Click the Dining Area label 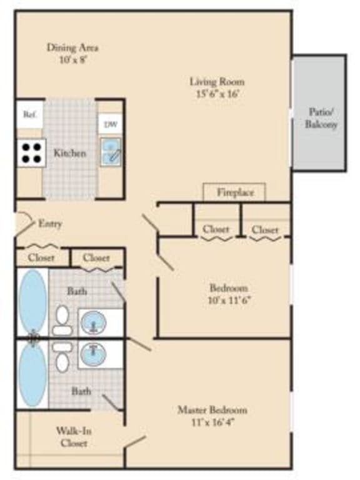pos(73,47)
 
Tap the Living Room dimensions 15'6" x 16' pos(217,94)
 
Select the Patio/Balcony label pos(321,118)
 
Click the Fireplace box pos(235,192)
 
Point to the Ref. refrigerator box pos(29,115)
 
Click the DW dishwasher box pos(111,124)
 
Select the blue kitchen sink pos(111,152)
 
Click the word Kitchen pos(70,153)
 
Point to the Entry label pos(49,223)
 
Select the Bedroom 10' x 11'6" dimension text pos(228,299)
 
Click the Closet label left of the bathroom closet pos(41,257)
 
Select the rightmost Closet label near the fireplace pos(265,230)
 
